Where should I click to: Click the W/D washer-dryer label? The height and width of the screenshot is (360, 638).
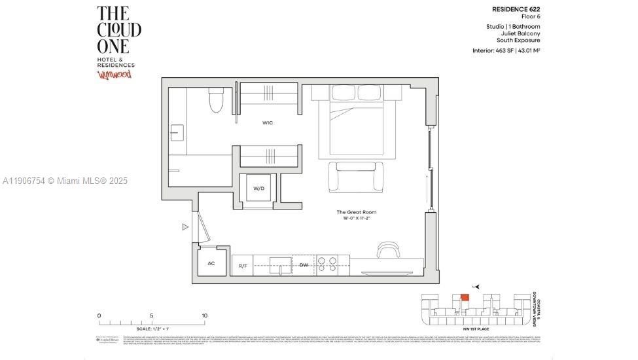click(259, 189)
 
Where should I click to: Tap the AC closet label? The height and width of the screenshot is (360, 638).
click(211, 263)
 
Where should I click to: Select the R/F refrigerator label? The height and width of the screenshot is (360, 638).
click(242, 266)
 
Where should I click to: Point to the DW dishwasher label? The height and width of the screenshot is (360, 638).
click(304, 265)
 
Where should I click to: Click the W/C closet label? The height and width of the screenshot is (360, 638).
click(268, 122)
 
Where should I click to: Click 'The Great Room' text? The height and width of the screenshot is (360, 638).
click(356, 212)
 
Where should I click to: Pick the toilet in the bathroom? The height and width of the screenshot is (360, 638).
click(216, 101)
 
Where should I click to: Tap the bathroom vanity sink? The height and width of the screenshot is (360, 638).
click(177, 133)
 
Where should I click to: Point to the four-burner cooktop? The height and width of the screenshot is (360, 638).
click(327, 264)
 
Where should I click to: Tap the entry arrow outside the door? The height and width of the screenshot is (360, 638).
click(185, 227)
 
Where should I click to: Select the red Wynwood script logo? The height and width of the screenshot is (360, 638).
click(115, 75)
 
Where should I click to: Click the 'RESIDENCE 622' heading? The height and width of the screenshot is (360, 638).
click(516, 9)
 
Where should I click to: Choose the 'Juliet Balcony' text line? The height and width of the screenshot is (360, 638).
click(522, 33)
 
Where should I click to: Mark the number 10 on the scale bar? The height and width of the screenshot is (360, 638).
click(204, 315)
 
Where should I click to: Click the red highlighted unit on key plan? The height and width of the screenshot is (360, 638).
click(465, 297)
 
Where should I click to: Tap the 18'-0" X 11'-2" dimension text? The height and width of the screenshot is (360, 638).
click(356, 219)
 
